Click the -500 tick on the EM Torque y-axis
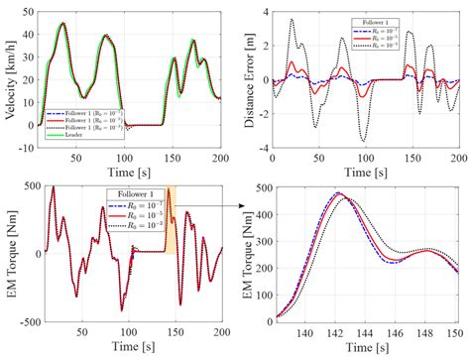tap(24, 322)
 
